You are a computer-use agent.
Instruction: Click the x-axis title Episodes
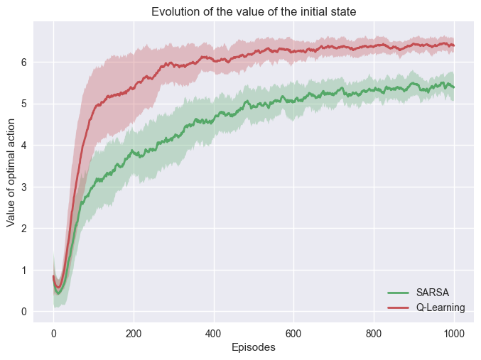(254, 348)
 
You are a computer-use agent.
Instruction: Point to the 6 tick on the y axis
(23, 62)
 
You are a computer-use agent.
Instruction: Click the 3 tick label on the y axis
(23, 187)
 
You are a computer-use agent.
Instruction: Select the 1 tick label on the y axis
(23, 270)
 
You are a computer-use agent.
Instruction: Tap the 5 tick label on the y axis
(23, 104)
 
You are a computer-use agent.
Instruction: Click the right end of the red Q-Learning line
(454, 45)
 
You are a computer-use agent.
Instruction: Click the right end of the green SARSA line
(454, 87)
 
